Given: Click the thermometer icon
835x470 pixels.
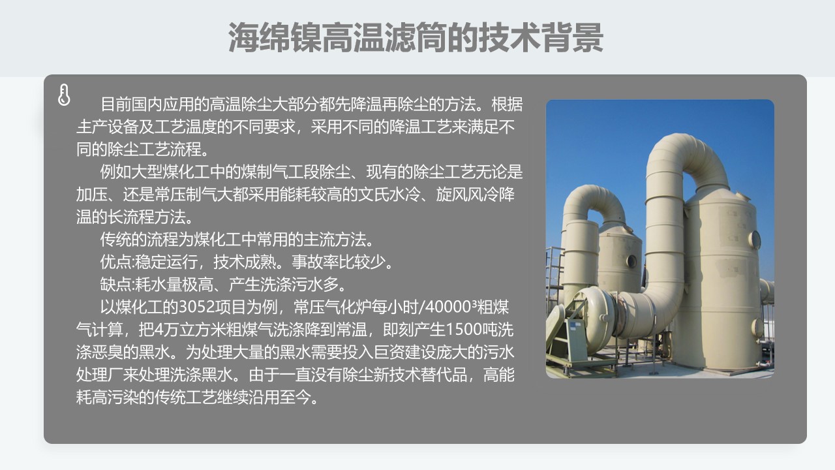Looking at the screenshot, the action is tap(64, 95).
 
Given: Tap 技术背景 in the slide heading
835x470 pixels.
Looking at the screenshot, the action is tap(541, 37).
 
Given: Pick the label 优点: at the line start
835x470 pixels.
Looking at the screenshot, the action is tap(117, 262).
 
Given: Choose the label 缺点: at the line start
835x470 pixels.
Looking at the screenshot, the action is tap(117, 285).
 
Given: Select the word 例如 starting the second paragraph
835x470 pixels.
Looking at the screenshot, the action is tap(115, 172).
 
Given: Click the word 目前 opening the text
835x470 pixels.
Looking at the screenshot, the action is tap(115, 104).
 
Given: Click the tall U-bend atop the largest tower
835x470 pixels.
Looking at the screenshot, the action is tap(685, 157).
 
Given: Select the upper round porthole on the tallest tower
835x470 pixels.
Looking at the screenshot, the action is tap(755, 239).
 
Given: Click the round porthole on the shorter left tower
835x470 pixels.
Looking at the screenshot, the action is tap(631, 260).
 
